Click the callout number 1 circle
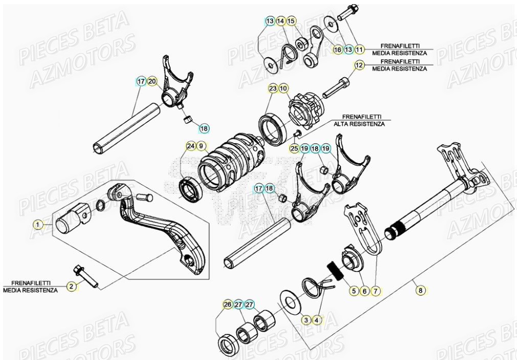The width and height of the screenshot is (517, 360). [x=37, y=224]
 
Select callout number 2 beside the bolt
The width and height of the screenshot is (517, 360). [x=72, y=286]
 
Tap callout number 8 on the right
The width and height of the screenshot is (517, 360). [x=420, y=290]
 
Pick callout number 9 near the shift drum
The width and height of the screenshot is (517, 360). [x=201, y=146]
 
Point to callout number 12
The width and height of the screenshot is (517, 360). [x=358, y=65]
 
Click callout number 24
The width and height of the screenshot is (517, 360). [x=190, y=146]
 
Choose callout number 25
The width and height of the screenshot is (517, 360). [x=294, y=148]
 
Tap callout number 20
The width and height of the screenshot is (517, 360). [x=152, y=81]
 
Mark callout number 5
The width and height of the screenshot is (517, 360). [x=353, y=291]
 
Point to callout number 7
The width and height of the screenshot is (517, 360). [x=375, y=291]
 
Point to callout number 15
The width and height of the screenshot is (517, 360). [x=290, y=21]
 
